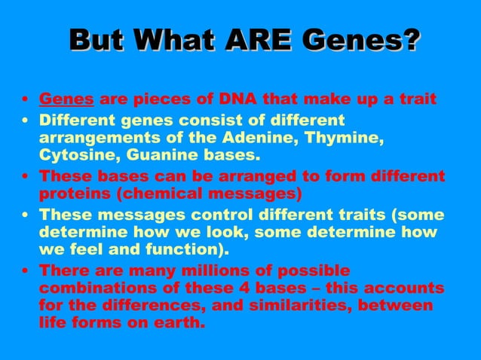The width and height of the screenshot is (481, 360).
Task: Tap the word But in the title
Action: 99,41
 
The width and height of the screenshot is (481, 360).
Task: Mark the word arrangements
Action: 90,139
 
